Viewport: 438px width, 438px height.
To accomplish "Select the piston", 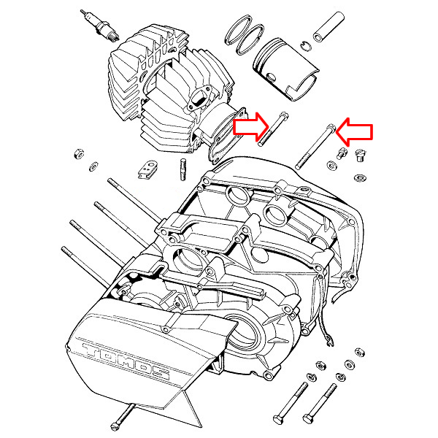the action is click(285, 69).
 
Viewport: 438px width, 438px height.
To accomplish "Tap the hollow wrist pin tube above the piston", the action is click(328, 26).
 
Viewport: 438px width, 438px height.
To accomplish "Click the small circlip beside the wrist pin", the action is click(306, 46).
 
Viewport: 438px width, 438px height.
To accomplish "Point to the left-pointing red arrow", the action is click(354, 131).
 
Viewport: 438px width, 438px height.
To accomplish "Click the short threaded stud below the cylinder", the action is click(183, 169).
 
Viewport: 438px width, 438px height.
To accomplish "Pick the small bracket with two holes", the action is click(147, 169).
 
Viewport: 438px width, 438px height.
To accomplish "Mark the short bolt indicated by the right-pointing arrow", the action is click(273, 128).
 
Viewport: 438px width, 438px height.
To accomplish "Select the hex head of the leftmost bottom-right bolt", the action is click(277, 420).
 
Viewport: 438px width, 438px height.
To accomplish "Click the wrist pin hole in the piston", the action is click(271, 77).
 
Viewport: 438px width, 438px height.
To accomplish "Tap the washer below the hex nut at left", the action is click(93, 166).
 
